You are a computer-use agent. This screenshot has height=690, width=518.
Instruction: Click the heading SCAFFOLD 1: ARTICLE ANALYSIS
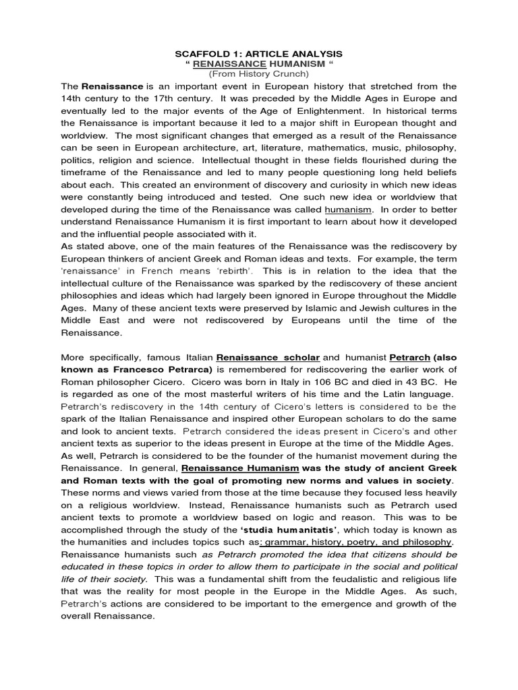click(259, 53)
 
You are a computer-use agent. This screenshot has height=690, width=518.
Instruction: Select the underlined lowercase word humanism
click(348, 210)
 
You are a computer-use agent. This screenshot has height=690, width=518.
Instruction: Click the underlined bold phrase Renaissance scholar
click(267, 357)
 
